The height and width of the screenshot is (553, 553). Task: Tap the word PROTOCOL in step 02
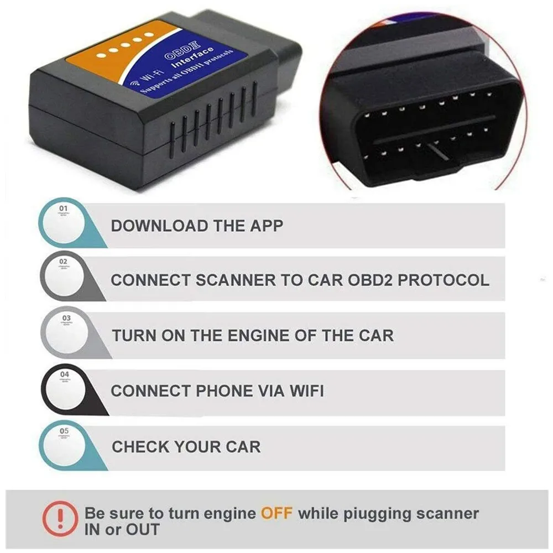click(444, 280)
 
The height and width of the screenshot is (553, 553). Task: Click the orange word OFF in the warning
click(276, 513)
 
